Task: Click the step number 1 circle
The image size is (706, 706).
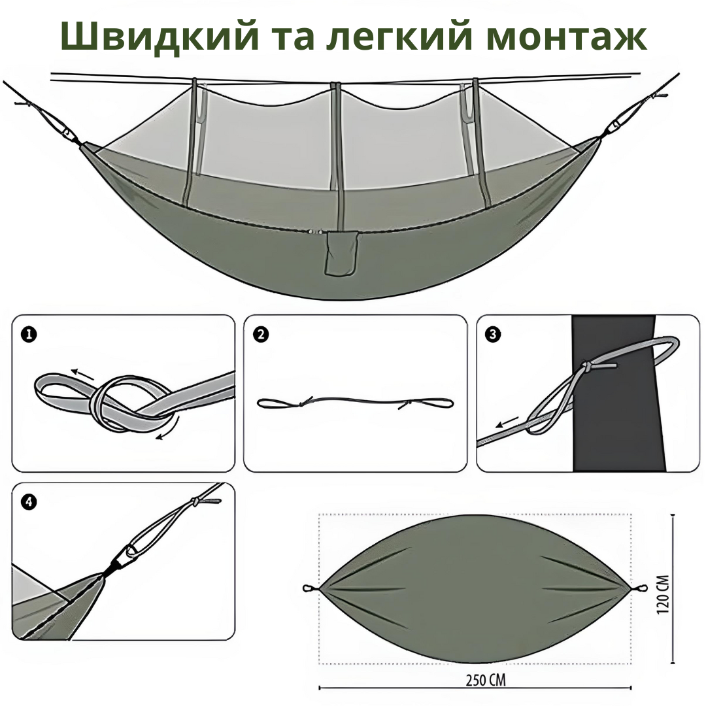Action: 29,335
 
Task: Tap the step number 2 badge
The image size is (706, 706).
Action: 261,335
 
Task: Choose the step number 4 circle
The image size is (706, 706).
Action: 29,502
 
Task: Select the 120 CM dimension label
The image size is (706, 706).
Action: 663,594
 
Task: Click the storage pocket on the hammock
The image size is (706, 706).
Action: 341,253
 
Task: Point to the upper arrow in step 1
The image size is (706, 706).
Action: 82,374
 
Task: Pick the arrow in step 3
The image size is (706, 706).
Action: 507,422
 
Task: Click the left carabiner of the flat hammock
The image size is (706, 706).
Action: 311,588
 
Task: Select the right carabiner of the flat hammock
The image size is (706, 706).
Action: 639,588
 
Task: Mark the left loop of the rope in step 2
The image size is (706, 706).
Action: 279,403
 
